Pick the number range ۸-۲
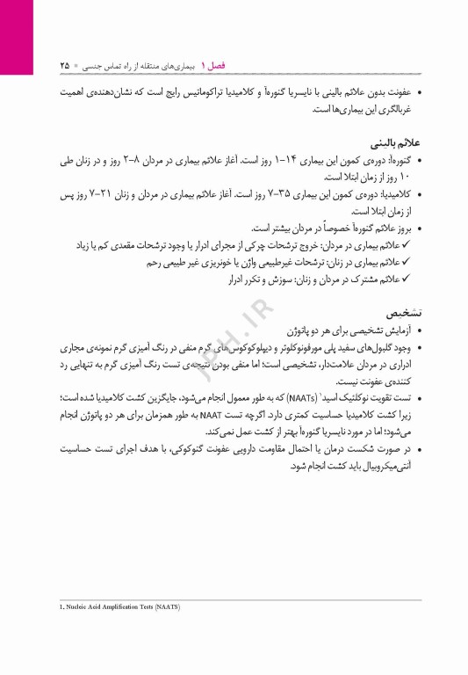[x=135, y=161]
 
